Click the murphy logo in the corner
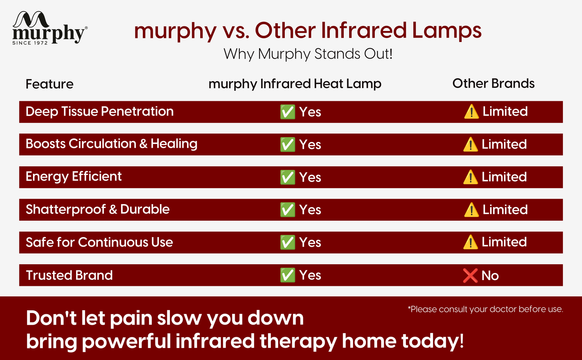pos(50,28)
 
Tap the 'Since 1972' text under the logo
pos(30,43)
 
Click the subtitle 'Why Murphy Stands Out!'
pos(308,54)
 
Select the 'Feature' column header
pos(49,84)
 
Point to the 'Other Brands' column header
pos(494,83)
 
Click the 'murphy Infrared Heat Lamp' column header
pos(295,84)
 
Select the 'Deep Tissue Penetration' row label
pos(99,112)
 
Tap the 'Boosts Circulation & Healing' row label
pos(111,144)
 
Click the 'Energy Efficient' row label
pos(74,177)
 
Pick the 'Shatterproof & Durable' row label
pos(97,209)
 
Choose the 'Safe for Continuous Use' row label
pos(99,242)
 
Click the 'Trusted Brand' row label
pos(69,275)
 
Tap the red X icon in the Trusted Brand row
pos(470,275)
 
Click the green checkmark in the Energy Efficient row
pos(288,177)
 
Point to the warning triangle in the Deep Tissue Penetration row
pos(471,112)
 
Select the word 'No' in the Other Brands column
pos(490,275)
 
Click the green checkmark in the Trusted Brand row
pos(288,275)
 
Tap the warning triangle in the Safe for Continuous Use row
pos(471,242)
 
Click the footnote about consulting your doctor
pos(485,309)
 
